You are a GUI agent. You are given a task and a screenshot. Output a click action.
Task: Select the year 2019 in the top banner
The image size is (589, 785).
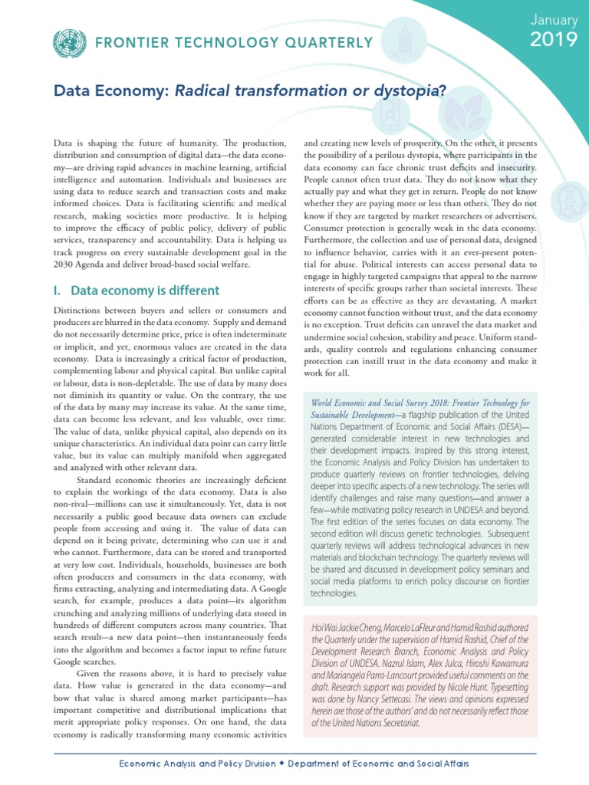(x=553, y=40)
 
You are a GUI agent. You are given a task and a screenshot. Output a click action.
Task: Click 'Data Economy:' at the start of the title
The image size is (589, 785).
(x=112, y=93)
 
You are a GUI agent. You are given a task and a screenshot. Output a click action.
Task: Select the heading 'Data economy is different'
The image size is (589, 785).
(x=145, y=291)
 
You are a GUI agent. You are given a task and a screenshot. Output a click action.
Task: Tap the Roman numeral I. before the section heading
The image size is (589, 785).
(x=58, y=291)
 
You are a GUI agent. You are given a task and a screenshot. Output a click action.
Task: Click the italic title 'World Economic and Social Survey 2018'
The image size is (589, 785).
(x=383, y=403)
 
